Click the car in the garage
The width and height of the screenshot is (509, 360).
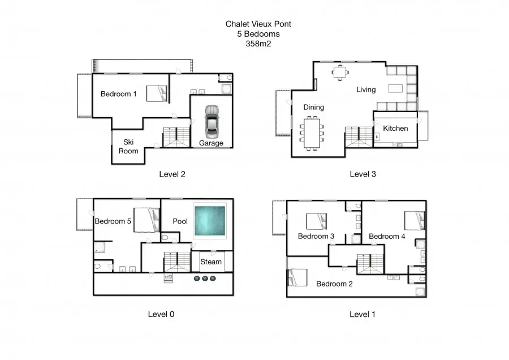[212, 121]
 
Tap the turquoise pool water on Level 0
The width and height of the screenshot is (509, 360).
[210, 221]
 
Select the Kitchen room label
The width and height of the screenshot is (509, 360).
[395, 128]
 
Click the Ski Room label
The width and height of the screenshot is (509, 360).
[128, 147]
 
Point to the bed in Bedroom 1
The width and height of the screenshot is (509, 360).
[157, 93]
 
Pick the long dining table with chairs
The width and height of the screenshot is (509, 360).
[312, 133]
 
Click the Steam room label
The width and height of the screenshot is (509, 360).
[211, 262]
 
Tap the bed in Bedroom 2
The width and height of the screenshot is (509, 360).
[297, 277]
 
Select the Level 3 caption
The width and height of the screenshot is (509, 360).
[363, 174]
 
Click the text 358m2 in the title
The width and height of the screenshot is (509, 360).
[258, 44]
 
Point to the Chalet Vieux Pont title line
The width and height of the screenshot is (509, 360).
[258, 24]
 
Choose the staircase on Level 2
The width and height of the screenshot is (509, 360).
[176, 137]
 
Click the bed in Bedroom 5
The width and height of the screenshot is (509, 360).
[146, 220]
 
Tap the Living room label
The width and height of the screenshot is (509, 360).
[366, 89]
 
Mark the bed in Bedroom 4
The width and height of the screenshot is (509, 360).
[415, 221]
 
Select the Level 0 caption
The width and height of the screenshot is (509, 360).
[161, 314]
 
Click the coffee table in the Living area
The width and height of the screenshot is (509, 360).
[395, 88]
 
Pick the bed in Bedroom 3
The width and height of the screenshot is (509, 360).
[317, 221]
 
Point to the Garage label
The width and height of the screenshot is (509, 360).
[211, 143]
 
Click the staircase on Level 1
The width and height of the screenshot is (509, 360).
[370, 264]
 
